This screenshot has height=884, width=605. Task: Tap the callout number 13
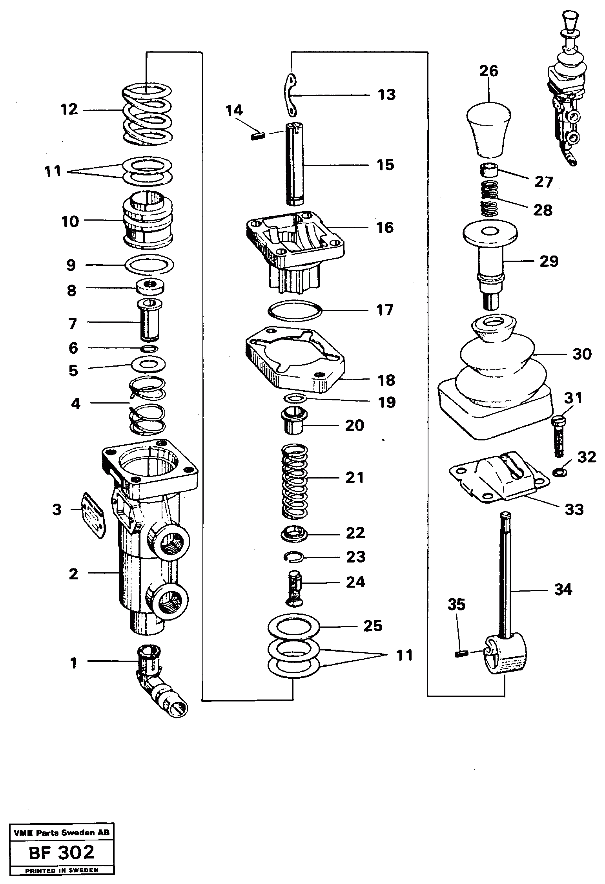pos(386,95)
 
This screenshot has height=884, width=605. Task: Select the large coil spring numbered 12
pos(147,115)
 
